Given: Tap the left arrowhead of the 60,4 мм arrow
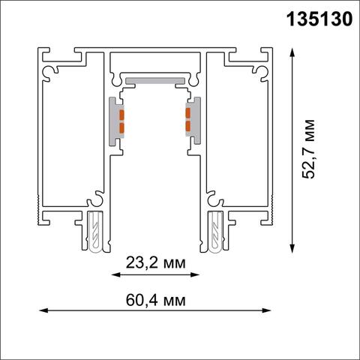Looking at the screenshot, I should click(40, 308).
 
